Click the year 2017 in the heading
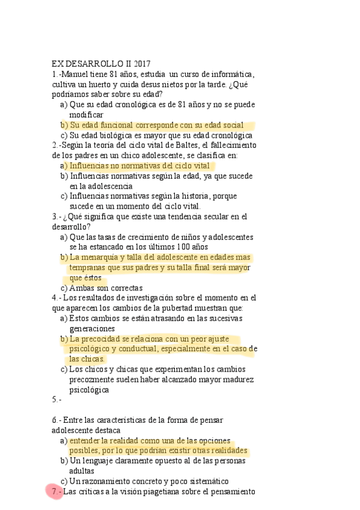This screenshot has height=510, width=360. (x=140, y=64)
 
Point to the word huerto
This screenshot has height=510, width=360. (x=96, y=84)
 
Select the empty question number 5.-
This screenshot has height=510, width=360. (x=56, y=399)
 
